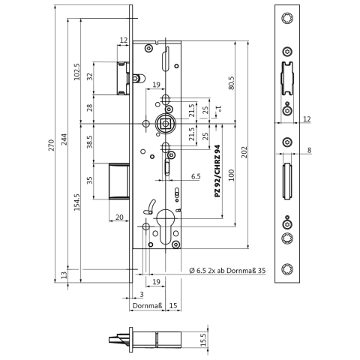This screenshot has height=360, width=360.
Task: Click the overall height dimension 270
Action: (51, 145)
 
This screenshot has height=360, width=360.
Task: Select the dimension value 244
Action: (64, 140)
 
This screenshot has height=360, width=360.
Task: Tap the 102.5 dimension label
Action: (77, 72)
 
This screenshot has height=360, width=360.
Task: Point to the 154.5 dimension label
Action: (77, 202)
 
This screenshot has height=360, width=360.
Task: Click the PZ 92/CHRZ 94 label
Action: (217, 171)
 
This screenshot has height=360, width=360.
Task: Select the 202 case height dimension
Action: (244, 152)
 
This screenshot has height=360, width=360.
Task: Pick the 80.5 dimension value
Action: (231, 83)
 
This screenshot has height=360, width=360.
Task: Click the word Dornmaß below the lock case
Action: (148, 305)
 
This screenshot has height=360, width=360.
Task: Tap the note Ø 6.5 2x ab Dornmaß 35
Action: (227, 270)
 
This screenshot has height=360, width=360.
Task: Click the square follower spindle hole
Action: (165, 124)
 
